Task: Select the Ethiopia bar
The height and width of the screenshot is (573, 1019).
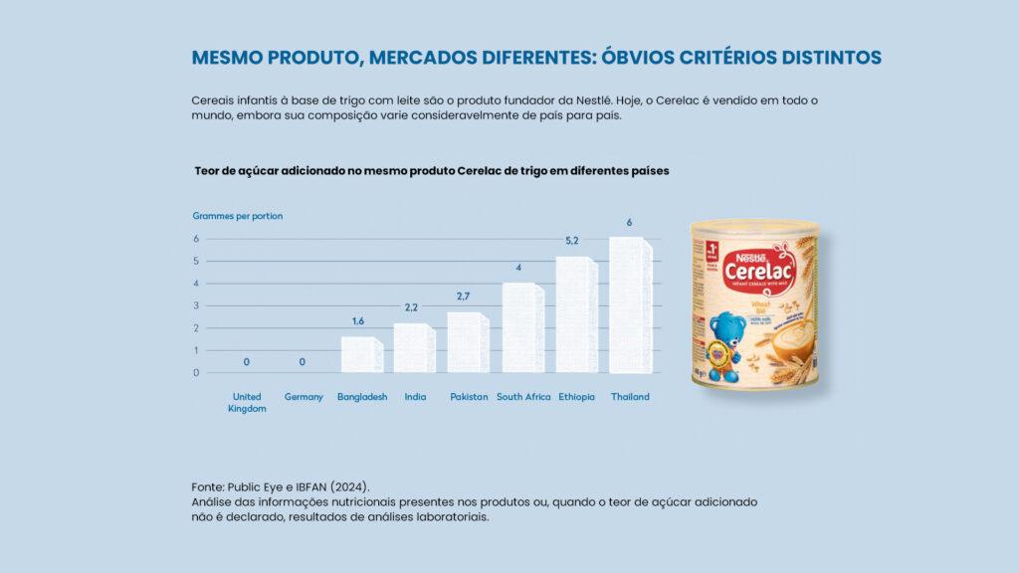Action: click(x=576, y=314)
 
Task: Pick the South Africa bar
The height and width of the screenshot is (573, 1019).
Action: click(x=522, y=327)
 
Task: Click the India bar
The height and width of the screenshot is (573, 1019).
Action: click(x=414, y=347)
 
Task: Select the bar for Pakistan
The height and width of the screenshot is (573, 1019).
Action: click(x=468, y=342)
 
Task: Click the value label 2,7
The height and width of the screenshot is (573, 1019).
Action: click(x=464, y=296)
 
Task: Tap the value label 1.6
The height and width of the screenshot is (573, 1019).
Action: click(x=358, y=321)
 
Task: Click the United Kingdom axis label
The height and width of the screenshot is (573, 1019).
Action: click(x=247, y=402)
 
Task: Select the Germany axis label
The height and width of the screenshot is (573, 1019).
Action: click(x=304, y=397)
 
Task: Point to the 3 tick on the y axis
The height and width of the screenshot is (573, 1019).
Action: click(x=196, y=305)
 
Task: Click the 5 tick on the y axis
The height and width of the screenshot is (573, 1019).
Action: click(x=196, y=261)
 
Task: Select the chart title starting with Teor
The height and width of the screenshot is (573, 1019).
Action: click(x=432, y=171)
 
